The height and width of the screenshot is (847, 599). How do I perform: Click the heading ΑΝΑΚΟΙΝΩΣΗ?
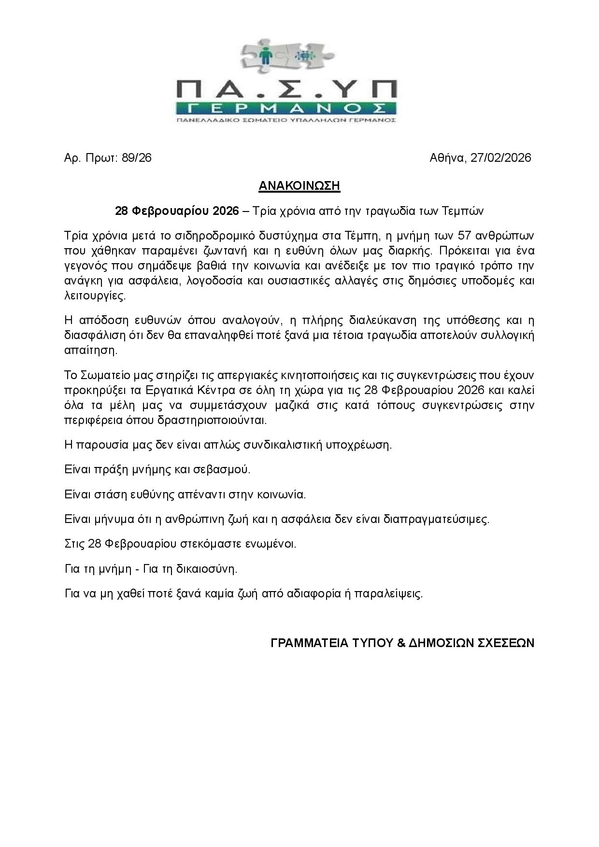point(299,186)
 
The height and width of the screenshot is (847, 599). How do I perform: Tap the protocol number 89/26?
point(137,158)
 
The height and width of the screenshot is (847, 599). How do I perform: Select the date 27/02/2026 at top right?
point(500,158)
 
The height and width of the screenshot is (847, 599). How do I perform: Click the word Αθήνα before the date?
point(447,158)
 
